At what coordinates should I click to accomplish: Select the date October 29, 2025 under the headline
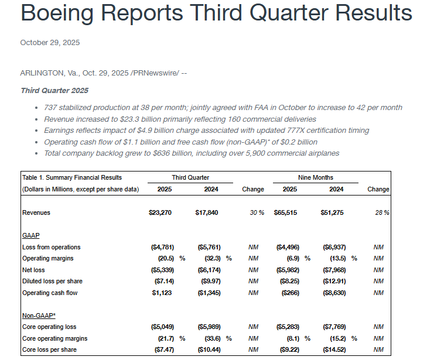(50, 43)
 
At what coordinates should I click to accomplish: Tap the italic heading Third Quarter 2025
(54, 90)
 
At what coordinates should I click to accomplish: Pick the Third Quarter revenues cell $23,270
(160, 212)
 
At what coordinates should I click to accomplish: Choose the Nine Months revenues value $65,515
(285, 212)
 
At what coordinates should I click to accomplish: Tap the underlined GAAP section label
(30, 235)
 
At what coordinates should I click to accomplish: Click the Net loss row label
(33, 270)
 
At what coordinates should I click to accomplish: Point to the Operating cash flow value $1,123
(162, 293)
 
